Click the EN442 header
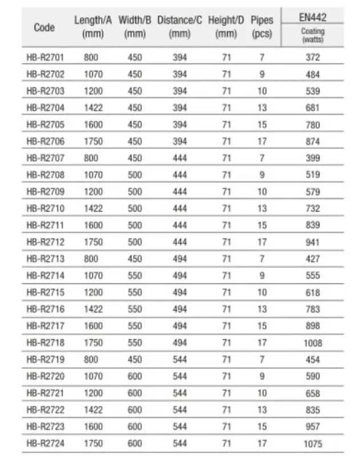point(312,18)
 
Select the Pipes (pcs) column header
point(262,27)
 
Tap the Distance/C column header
point(179,27)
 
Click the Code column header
point(45,27)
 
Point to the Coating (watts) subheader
point(312,35)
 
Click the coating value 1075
point(313,443)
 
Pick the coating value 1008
point(313,343)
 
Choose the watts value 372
point(313,57)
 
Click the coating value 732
point(313,209)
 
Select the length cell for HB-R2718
point(94,343)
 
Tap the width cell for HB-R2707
point(135,158)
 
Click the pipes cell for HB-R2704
point(262,108)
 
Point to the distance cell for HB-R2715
point(180,292)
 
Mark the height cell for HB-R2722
point(226,410)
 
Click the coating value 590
point(313,376)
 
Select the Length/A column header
point(93,27)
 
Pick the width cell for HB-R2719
point(135,360)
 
